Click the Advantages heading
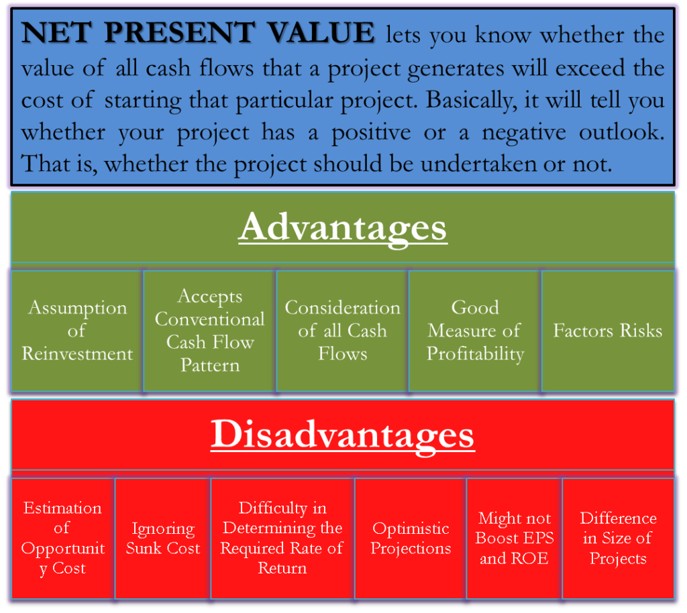click(343, 228)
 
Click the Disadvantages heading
click(343, 435)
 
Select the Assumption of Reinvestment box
click(77, 331)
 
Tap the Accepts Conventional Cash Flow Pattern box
click(210, 331)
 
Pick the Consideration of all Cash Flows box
click(343, 331)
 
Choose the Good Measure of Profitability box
click(476, 331)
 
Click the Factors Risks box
click(608, 331)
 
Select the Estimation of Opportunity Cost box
click(63, 539)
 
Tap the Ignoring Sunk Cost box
click(163, 539)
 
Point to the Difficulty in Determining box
click(282, 539)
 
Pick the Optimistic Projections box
click(411, 539)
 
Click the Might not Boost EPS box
click(515, 539)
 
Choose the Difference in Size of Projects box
click(618, 539)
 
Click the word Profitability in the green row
click(476, 354)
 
